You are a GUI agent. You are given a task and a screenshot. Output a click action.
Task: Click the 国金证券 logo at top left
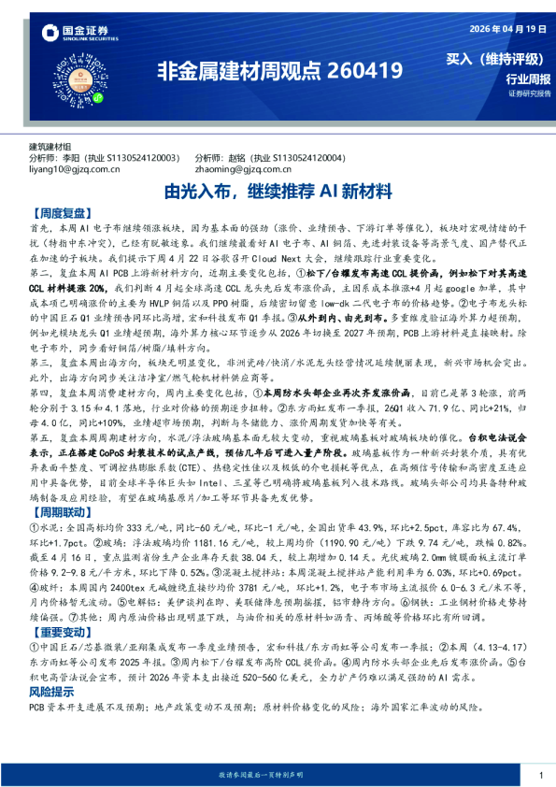point(77,34)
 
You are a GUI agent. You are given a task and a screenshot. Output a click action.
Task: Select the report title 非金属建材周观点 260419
point(278,70)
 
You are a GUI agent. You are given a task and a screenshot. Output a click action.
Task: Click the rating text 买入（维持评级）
point(497,59)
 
